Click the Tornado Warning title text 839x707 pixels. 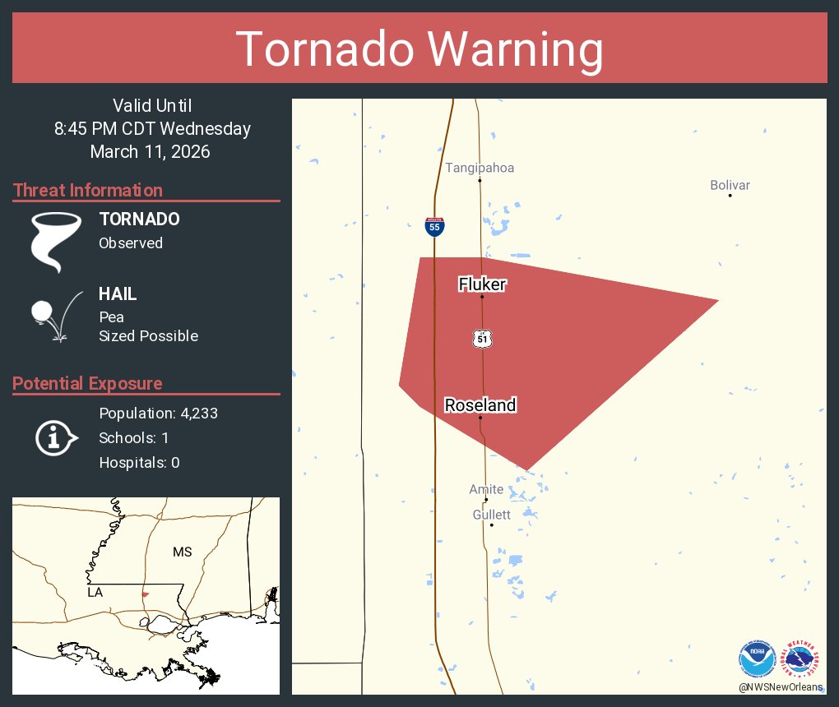click(x=419, y=49)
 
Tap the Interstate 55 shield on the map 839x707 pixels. click(x=435, y=226)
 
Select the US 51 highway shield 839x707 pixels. click(x=482, y=338)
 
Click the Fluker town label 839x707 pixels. click(x=482, y=284)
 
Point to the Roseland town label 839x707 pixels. click(x=480, y=404)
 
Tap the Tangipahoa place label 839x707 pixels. click(x=480, y=168)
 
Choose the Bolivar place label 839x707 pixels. click(x=730, y=185)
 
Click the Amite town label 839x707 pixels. click(x=486, y=489)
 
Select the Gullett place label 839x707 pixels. click(x=491, y=515)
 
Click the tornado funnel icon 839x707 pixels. click(x=56, y=241)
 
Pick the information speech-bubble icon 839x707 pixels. click(x=56, y=438)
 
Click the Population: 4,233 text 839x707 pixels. click(x=158, y=414)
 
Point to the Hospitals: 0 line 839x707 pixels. click(x=139, y=463)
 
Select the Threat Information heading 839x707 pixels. click(x=88, y=190)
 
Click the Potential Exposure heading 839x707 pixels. click(x=87, y=383)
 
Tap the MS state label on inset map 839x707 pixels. click(x=182, y=552)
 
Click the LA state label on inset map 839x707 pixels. click(x=95, y=592)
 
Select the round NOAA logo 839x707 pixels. click(x=757, y=659)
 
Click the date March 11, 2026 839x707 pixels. click(x=150, y=151)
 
